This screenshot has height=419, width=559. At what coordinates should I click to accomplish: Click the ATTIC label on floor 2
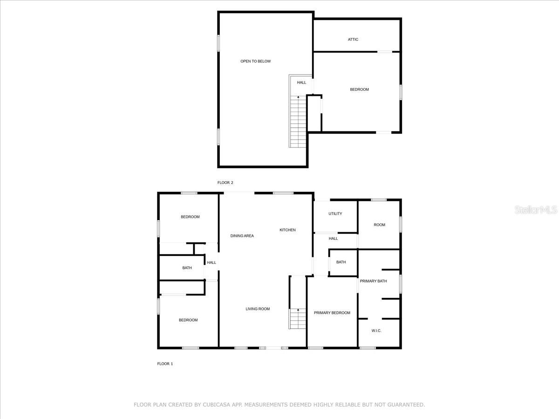(353, 40)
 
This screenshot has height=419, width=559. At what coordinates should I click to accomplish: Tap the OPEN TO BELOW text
(255, 61)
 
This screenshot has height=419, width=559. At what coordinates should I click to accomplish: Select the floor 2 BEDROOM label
(359, 89)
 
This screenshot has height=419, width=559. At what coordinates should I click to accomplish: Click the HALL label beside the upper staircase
(302, 83)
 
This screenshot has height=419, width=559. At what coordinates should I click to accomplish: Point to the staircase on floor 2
(297, 121)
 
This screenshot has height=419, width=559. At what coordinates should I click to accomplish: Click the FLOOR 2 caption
(225, 182)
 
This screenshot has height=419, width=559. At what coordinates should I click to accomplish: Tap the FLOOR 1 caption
(165, 364)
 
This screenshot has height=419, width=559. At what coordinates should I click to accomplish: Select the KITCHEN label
(287, 230)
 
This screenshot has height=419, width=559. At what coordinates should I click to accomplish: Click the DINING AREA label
(242, 236)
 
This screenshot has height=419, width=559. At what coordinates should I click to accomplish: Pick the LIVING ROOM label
(258, 309)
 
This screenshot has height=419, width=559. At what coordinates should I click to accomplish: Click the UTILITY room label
(335, 214)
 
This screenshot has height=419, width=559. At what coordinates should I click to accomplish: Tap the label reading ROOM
(380, 225)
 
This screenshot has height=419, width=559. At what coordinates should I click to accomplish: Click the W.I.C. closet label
(376, 331)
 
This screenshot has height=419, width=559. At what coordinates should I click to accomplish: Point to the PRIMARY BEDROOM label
(332, 313)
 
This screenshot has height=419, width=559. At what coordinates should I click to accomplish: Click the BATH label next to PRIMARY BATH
(341, 262)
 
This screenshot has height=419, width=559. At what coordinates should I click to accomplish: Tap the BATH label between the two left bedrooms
(187, 268)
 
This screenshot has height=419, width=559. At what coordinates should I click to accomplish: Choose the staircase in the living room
(296, 318)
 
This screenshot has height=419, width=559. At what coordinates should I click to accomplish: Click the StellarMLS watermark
(535, 210)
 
